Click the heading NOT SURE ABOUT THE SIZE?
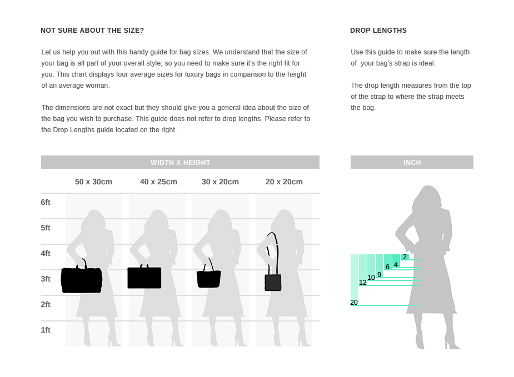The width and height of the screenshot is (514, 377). tap(92, 31)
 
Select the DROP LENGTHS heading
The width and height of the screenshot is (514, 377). tap(378, 31)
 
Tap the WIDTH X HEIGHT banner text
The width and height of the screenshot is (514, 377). tap(180, 163)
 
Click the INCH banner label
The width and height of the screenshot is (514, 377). tap(412, 163)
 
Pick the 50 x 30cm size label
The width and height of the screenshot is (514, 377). tap(93, 182)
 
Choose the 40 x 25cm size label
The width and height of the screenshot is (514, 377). tap(158, 182)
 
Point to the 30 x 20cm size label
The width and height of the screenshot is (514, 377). tap(220, 182)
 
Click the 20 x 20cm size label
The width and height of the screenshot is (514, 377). tap(284, 182)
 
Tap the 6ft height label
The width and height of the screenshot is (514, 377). tap(46, 203)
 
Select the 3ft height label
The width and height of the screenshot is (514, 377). tap(46, 279)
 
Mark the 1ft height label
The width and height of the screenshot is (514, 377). tap(46, 330)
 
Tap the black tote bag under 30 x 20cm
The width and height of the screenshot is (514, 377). tap(209, 279)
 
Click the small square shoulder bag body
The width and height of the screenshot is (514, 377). tap(273, 283)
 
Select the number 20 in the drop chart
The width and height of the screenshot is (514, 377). tap(354, 303)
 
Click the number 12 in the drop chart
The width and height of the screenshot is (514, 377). tap(362, 283)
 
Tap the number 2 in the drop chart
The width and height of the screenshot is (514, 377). tap(405, 257)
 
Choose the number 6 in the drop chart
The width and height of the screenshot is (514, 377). tap(387, 267)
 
